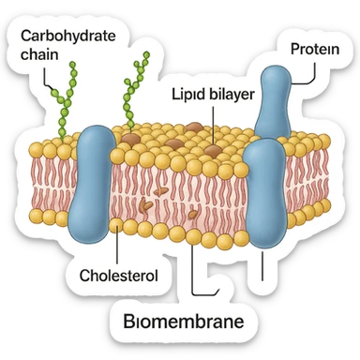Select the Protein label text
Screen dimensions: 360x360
pos(315,48)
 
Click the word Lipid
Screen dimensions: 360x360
pos(187,96)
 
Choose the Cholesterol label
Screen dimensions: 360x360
pos(116,277)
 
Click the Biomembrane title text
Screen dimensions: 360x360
pos(184,323)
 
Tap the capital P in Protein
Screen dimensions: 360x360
pos(293,48)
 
